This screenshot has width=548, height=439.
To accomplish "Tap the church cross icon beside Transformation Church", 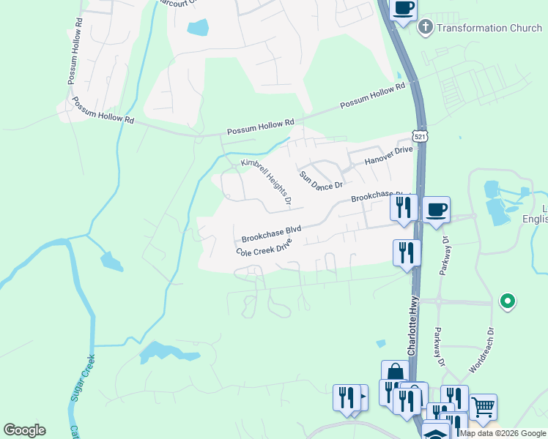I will tap(424, 28).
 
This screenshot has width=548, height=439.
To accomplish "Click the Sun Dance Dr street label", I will tap(321, 181).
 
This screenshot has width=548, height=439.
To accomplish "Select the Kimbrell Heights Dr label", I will tap(267, 180).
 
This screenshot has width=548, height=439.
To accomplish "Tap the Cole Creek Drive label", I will tap(264, 247).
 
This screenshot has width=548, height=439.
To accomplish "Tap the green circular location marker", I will tap(506, 300).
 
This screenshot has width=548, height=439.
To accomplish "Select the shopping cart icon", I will tap(483, 407).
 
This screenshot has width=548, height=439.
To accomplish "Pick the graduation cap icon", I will tap(436, 433).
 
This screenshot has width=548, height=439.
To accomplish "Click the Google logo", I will tap(24, 430).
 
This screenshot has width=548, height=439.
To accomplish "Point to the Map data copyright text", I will tap(503, 433).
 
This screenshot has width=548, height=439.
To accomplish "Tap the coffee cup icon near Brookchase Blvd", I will tap(436, 209).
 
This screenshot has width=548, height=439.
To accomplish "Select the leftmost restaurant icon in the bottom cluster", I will tap(345, 398).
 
